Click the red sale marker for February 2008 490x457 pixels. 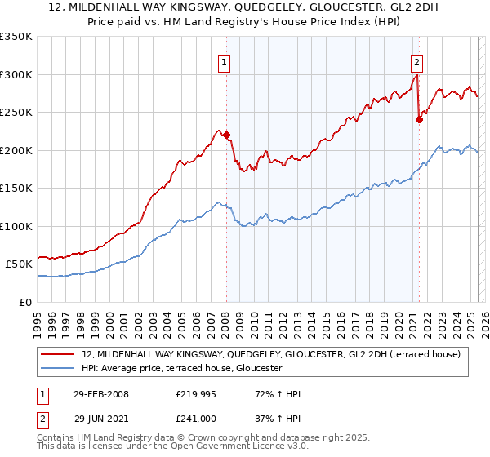coord(227,135)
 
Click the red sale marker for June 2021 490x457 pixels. coord(419,119)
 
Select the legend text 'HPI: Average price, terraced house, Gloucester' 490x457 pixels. coord(181,369)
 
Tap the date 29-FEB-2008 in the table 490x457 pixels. coord(100,395)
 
